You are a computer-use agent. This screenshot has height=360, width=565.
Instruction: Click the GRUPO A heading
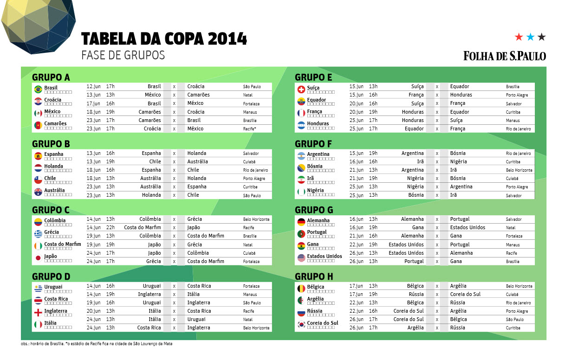tap(51, 77)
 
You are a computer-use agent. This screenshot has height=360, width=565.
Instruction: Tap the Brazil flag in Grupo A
tap(38, 89)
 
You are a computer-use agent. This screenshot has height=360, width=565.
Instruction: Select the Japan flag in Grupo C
tap(38, 258)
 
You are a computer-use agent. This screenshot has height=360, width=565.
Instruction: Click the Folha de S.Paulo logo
tap(504, 56)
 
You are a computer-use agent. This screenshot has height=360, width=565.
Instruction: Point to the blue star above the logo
tap(530, 37)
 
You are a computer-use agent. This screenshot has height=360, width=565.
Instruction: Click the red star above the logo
tap(519, 37)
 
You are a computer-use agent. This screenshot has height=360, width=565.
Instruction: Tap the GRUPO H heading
tap(314, 277)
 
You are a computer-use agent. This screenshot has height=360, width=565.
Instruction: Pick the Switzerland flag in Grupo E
tap(301, 89)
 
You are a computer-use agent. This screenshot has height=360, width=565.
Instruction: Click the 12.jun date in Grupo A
tap(93, 87)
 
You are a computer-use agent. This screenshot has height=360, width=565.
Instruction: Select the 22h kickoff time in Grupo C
tap(110, 228)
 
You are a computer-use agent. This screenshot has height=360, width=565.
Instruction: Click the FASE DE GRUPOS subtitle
tap(123, 55)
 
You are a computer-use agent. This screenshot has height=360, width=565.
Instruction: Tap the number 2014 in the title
tap(227, 39)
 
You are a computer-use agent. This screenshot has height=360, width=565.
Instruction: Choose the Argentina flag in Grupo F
tap(301, 155)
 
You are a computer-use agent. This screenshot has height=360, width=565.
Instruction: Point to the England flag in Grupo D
tap(38, 313)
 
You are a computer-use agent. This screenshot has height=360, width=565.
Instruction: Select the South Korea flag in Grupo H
tap(301, 324)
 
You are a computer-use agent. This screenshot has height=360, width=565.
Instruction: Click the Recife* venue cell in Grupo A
tap(250, 129)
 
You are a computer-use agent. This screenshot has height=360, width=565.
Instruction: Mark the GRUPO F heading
tap(313, 144)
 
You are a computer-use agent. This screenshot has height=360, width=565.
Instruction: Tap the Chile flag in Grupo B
tap(38, 180)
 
